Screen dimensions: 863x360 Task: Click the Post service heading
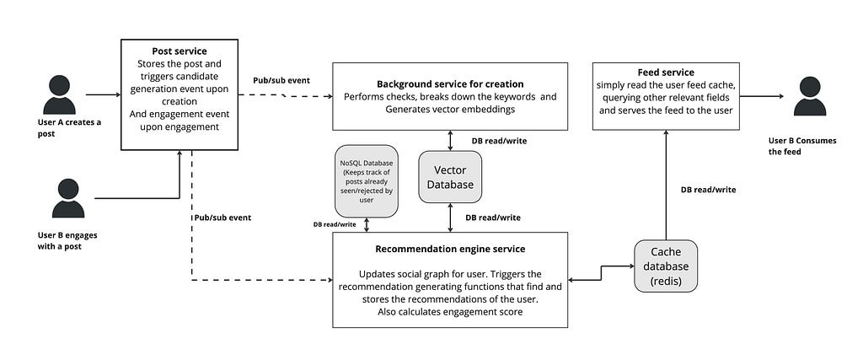point(180,51)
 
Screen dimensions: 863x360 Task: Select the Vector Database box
point(450,177)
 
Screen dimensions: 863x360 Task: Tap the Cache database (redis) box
point(666,266)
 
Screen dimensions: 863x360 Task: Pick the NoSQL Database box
point(366,180)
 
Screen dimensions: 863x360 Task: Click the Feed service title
point(666,73)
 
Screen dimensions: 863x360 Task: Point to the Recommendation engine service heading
point(450,249)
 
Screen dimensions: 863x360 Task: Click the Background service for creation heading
point(450,84)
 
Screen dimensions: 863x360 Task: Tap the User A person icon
point(60,94)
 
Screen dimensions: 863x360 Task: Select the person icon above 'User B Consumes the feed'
point(810,96)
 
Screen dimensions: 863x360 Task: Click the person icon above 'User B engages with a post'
point(68,197)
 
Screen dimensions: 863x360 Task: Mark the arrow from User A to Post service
point(103,94)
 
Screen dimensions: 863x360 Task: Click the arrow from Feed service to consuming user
point(762,96)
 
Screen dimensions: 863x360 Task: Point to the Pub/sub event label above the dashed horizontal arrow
point(281,80)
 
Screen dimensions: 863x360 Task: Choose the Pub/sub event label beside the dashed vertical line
point(222,218)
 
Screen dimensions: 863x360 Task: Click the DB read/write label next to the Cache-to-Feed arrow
point(708,190)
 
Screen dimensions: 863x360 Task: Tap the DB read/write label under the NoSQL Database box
point(335,224)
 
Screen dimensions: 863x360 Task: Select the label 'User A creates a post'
point(69,127)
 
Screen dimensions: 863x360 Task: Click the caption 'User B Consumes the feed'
point(802,146)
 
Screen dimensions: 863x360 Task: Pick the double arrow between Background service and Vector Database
point(450,140)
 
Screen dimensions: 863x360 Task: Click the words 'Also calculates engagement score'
point(450,312)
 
